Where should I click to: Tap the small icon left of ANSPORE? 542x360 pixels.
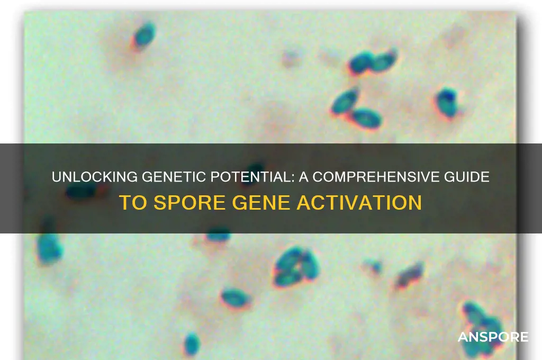(456, 336)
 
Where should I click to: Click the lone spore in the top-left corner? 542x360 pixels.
(143, 35)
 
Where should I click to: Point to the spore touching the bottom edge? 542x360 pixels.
(192, 344)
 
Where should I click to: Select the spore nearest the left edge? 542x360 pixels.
(49, 247)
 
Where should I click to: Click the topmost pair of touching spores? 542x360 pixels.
(373, 62)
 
